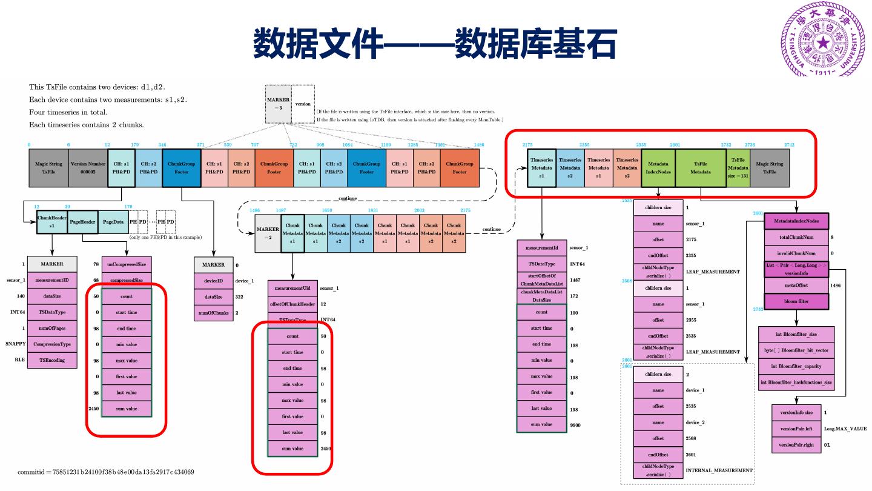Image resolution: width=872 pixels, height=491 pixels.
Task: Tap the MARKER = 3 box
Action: pos(278,104)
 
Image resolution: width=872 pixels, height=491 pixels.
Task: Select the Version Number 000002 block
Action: pos(88,167)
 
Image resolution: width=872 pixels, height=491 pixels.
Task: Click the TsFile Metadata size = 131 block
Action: pos(738,167)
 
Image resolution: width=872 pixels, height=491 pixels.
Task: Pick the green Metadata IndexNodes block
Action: pos(658,167)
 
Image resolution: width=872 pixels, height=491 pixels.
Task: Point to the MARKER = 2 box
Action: pos(268,233)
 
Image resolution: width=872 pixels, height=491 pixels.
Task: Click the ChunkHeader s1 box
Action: pos(51,222)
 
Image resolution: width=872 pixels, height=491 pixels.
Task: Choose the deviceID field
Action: pos(213,281)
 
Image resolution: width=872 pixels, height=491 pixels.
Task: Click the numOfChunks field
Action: pos(213,313)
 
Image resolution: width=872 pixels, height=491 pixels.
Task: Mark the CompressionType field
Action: pos(51,344)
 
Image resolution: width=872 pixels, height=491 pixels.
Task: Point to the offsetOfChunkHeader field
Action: pos(292,304)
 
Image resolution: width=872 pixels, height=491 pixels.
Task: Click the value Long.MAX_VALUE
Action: pos(845,429)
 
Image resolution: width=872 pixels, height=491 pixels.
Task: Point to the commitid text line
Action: pos(106,472)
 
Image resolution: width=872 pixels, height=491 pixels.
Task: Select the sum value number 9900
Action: pos(575,425)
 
